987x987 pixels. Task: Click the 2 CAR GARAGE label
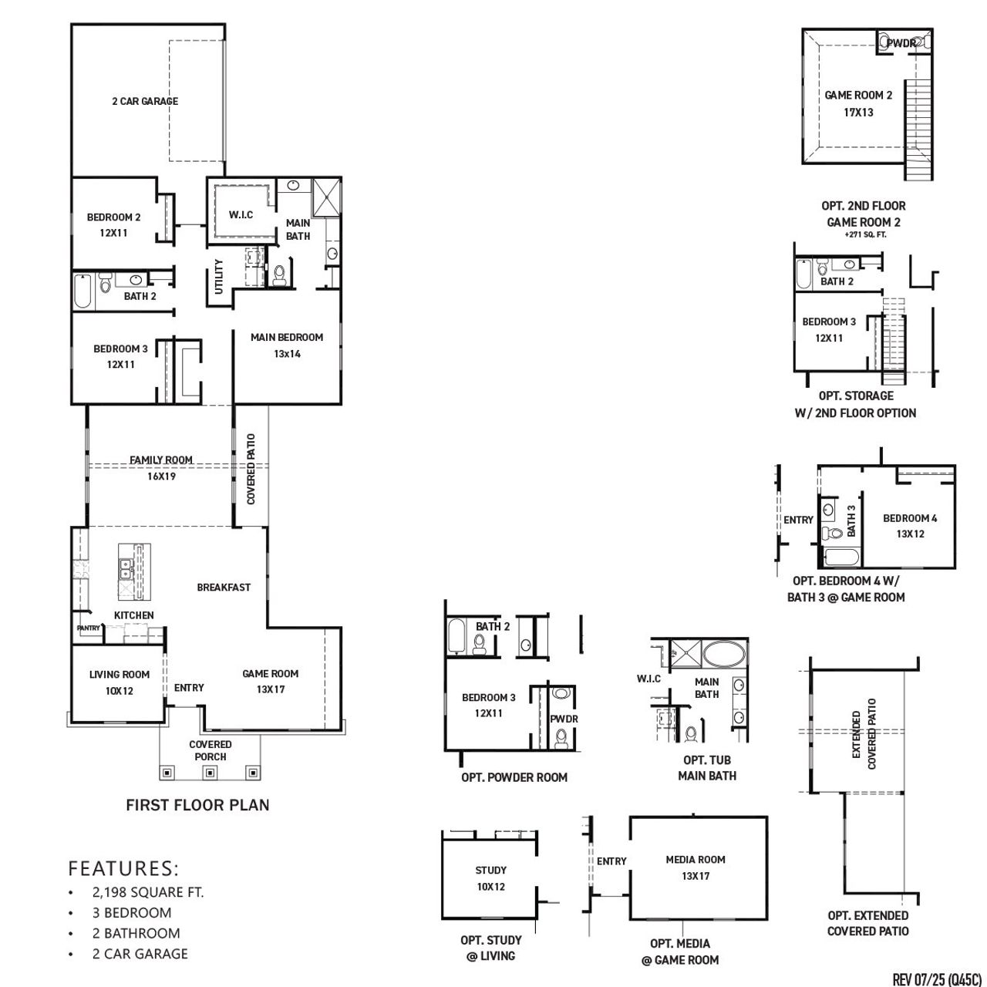(144, 101)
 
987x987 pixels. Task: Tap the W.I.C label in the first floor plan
(241, 214)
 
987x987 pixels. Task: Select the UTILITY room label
(218, 276)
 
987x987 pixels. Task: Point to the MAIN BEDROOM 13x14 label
(286, 345)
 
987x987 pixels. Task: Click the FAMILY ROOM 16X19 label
(160, 468)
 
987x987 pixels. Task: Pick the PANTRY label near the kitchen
(89, 628)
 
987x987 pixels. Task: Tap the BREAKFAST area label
(224, 587)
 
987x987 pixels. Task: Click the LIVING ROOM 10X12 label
(120, 682)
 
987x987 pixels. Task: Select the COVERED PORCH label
(211, 750)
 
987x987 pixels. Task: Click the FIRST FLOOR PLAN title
(197, 805)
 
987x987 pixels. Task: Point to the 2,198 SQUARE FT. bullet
(147, 892)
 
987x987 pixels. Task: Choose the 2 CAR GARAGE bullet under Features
(140, 954)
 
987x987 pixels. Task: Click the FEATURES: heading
(123, 868)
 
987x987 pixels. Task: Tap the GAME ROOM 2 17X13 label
(858, 103)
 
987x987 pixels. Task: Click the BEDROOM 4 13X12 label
(910, 526)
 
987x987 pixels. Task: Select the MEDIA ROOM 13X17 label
(695, 867)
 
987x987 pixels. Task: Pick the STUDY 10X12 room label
(490, 878)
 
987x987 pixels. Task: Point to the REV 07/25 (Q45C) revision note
(937, 979)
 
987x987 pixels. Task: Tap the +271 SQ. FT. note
(864, 234)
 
